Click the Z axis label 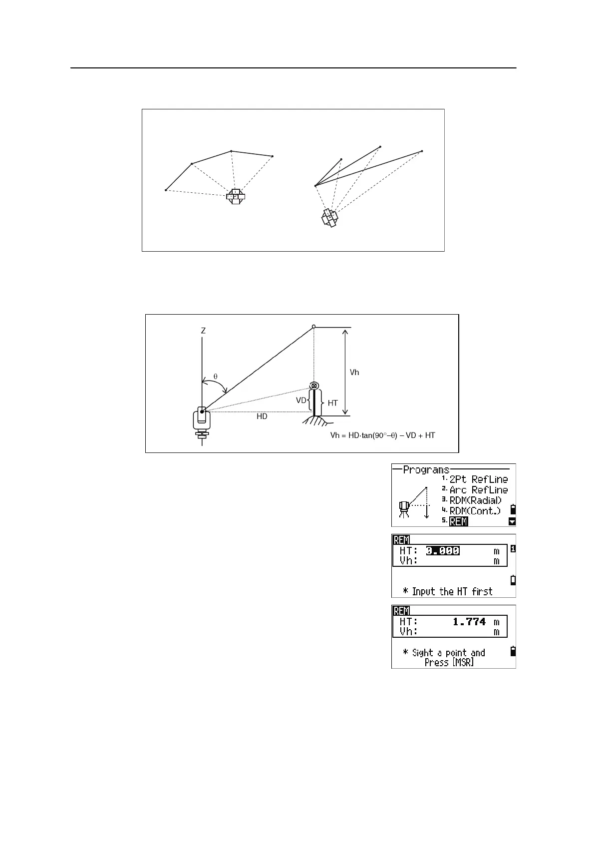click(203, 331)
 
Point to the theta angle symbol click(216, 376)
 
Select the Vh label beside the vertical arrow click(354, 372)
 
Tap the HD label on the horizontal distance click(262, 417)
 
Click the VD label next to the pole click(301, 400)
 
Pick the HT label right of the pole click(332, 403)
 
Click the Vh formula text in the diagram click(382, 435)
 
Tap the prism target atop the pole click(314, 386)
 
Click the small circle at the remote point click(313, 327)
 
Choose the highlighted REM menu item click(459, 521)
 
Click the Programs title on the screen click(426, 470)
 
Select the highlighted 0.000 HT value click(442, 551)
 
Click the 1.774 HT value click(469, 622)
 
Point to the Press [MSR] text click(449, 662)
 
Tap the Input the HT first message click(452, 592)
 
